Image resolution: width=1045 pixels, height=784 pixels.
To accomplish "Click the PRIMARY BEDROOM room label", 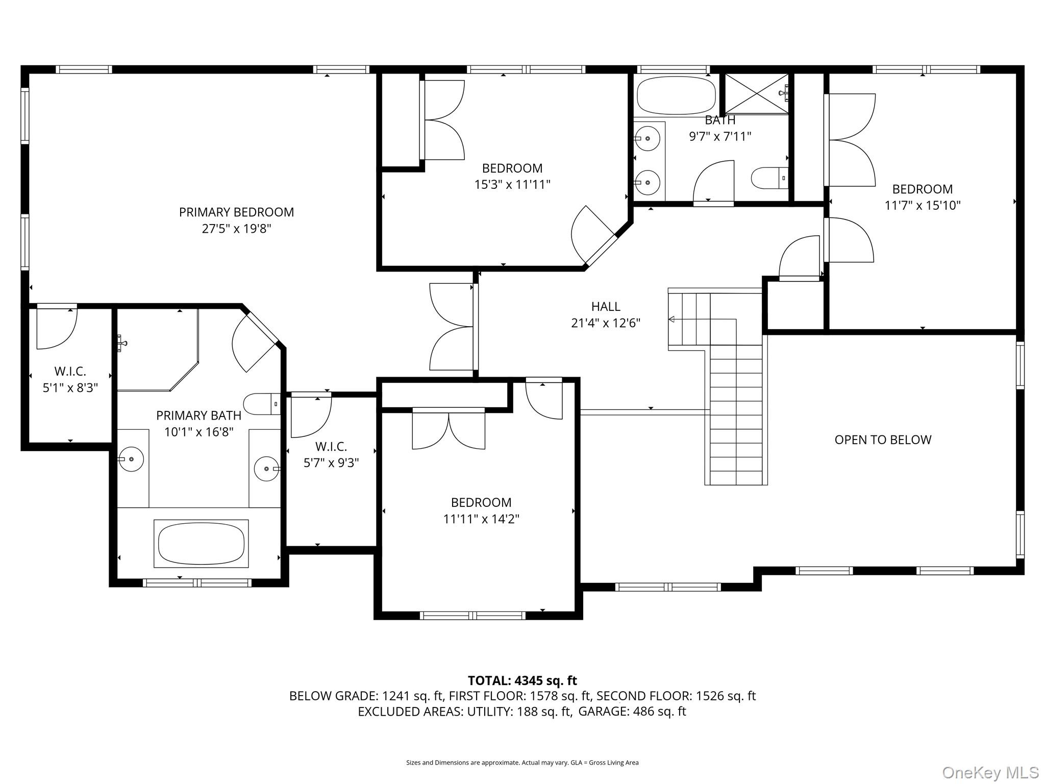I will click(x=236, y=212).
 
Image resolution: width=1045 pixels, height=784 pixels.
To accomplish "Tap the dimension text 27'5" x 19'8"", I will click(x=236, y=229).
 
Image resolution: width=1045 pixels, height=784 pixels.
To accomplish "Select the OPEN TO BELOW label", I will click(x=883, y=440).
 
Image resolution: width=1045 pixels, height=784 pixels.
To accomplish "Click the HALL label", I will click(x=606, y=307).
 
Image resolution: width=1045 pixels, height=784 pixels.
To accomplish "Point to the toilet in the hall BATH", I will click(x=769, y=178).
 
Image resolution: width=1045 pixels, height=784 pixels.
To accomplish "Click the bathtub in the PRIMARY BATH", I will click(x=201, y=544).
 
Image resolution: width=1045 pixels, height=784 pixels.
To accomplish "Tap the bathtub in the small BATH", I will click(x=676, y=95).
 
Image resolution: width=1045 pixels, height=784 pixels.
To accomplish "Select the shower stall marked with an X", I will click(x=756, y=93).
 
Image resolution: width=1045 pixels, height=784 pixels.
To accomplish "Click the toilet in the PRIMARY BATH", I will click(x=262, y=404).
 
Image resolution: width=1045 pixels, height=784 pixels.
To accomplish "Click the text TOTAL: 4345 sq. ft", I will click(x=522, y=680).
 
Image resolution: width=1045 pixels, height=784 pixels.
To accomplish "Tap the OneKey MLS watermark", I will click(x=990, y=773).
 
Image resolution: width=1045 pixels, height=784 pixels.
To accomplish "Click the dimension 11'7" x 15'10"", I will click(x=922, y=206).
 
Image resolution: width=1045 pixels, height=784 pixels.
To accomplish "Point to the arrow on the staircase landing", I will click(x=672, y=320).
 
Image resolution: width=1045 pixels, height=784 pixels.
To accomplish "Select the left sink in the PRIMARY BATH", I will click(x=131, y=459).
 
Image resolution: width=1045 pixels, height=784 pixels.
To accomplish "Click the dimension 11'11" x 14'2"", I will click(x=481, y=519).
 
